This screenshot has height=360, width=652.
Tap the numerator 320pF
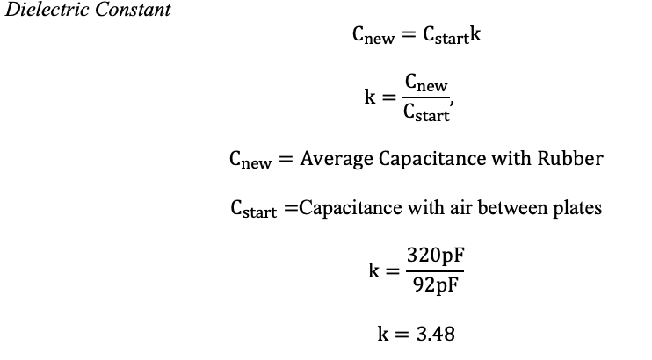[435, 256]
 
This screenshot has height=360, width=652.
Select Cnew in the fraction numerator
[426, 83]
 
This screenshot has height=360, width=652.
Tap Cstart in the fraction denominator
[426, 112]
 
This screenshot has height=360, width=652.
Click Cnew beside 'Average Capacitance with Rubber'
[250, 160]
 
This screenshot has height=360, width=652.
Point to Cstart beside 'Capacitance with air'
[252, 210]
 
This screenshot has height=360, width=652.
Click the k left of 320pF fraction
[374, 270]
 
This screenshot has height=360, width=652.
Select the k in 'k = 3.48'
[382, 334]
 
